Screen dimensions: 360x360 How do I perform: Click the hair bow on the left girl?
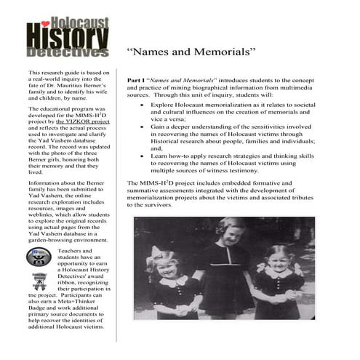pos(154,254)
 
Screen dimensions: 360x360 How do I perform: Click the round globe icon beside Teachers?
pos(37,257)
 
